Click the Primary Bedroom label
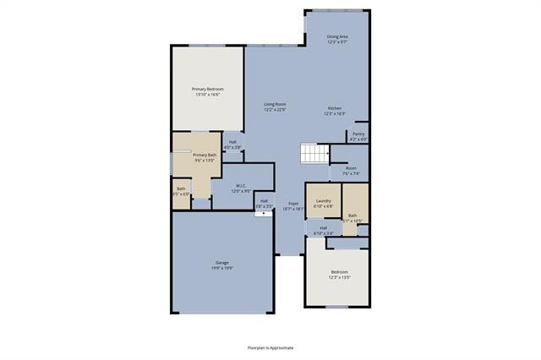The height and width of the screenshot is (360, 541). (x=208, y=89)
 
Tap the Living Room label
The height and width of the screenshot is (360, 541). (x=275, y=104)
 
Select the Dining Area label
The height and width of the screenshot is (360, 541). (x=338, y=36)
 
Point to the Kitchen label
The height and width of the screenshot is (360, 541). (x=335, y=108)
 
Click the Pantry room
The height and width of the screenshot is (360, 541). (x=358, y=136)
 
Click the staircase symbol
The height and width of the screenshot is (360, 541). (x=314, y=155)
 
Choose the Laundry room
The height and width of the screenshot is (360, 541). (x=323, y=201)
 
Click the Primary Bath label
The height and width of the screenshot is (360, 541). (x=205, y=155)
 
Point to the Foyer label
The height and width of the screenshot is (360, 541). (x=293, y=204)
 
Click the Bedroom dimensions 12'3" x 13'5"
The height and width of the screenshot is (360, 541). (x=338, y=276)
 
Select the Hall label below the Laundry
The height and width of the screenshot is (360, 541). (x=323, y=229)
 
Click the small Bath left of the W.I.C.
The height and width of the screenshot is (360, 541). (x=181, y=191)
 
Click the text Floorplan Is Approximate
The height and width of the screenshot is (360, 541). (x=270, y=347)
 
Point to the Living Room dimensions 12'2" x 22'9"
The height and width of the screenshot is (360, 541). (x=275, y=109)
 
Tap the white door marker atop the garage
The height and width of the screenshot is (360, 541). (x=264, y=213)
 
